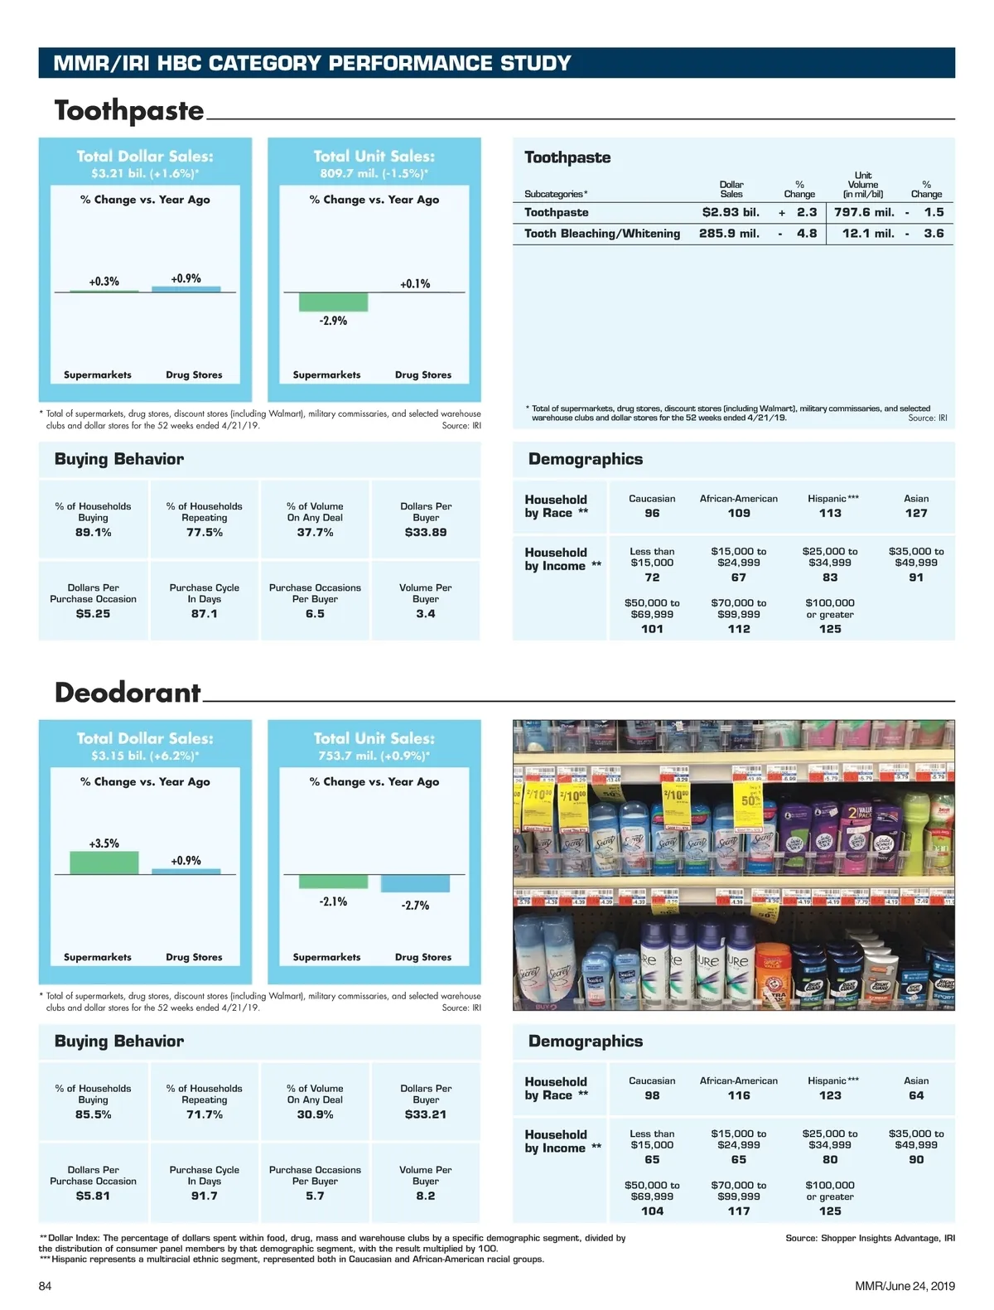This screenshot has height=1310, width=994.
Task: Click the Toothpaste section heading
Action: (x=129, y=111)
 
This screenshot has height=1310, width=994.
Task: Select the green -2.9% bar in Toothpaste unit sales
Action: (x=333, y=302)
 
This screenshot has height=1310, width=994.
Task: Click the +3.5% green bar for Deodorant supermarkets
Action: (x=104, y=863)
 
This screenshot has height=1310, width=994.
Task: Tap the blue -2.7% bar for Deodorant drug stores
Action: (x=415, y=883)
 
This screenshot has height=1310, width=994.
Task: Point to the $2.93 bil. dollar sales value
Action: (x=731, y=212)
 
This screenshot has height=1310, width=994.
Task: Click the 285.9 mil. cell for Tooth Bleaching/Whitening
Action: (x=729, y=234)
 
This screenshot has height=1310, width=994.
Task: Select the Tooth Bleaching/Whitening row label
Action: (x=602, y=234)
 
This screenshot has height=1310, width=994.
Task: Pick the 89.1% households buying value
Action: (x=93, y=533)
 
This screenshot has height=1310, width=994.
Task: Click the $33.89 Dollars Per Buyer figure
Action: (x=426, y=533)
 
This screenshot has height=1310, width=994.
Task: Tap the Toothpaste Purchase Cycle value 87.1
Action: (x=204, y=614)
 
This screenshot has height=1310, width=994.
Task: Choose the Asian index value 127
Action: (x=916, y=514)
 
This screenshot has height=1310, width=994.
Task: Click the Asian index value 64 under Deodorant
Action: (x=916, y=1095)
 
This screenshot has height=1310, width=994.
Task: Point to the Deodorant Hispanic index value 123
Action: (x=830, y=1095)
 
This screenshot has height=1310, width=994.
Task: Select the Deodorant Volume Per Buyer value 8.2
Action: (x=426, y=1196)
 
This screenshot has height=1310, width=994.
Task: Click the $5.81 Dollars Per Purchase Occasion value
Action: (x=93, y=1196)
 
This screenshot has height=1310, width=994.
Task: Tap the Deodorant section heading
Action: (x=128, y=693)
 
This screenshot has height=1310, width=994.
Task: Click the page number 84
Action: (x=45, y=1286)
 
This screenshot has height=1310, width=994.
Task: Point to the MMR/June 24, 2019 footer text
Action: (x=905, y=1286)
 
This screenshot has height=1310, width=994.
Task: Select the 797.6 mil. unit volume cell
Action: (x=864, y=212)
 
